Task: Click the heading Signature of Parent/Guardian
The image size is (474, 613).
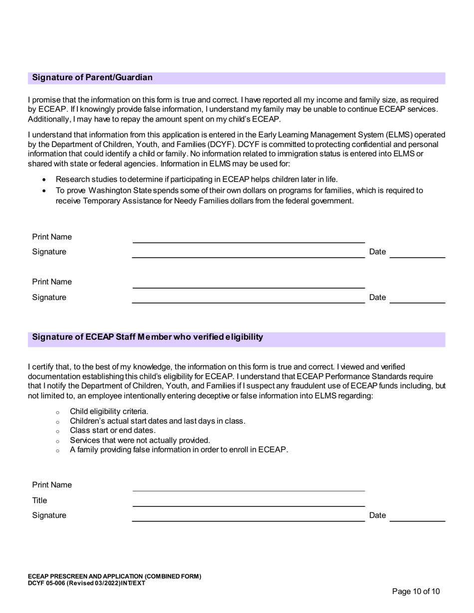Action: pyautogui.click(x=92, y=78)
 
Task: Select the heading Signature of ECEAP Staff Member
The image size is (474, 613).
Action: pyautogui.click(x=147, y=337)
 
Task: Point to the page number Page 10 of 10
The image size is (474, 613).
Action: pyautogui.click(x=416, y=592)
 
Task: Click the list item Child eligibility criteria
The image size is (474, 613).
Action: pyautogui.click(x=109, y=411)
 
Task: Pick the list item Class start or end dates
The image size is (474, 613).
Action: pyautogui.click(x=113, y=430)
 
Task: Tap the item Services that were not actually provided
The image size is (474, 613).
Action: pyautogui.click(x=140, y=440)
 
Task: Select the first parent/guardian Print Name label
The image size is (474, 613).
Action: pyautogui.click(x=52, y=237)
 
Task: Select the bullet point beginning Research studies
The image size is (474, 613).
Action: pyautogui.click(x=196, y=179)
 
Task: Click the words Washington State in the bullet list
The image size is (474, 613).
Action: pyautogui.click(x=120, y=191)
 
